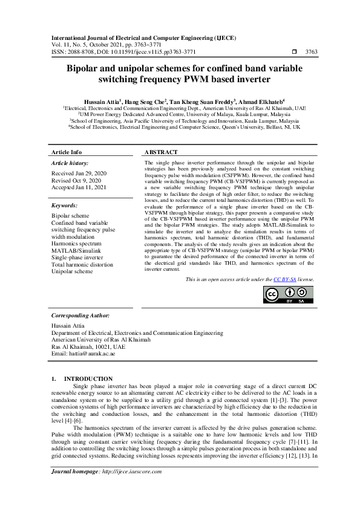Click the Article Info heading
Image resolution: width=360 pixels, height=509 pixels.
[x=67, y=152]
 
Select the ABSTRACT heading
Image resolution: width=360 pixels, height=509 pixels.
[x=161, y=152]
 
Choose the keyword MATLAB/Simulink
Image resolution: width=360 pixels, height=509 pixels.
[x=76, y=250]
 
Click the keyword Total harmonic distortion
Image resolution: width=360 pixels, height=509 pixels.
[x=82, y=264]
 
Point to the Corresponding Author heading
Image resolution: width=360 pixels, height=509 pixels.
[x=80, y=316]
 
